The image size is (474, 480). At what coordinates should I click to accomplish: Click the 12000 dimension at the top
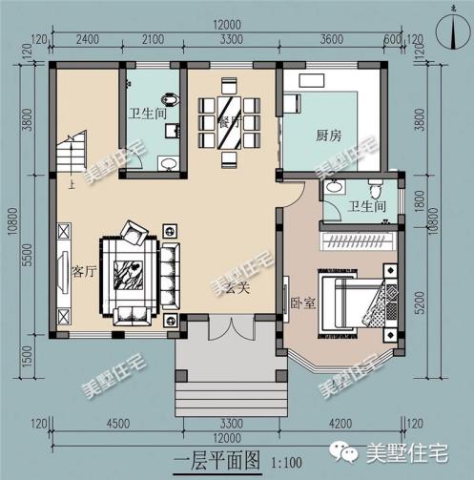tap(227, 22)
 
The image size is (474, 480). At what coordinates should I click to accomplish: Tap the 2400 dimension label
tap(87, 40)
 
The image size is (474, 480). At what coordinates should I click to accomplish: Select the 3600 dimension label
tap(331, 40)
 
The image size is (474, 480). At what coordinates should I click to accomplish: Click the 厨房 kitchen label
tap(328, 136)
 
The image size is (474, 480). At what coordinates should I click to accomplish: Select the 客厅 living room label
tap(84, 270)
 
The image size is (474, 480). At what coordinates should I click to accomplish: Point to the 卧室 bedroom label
tap(302, 303)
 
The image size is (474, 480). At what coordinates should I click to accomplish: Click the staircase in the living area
tap(71, 157)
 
